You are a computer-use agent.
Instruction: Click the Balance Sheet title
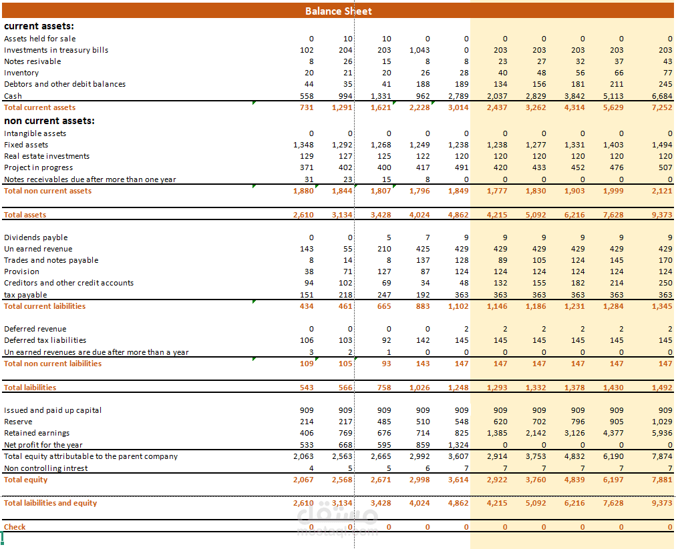339,11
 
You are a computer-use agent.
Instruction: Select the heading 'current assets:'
39,26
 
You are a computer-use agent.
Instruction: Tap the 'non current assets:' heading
49,121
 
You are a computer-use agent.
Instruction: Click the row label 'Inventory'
21,73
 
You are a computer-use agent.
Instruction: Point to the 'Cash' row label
13,96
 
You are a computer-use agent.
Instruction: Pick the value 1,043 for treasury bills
419,50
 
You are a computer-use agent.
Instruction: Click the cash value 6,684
662,96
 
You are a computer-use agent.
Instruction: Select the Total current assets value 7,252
662,107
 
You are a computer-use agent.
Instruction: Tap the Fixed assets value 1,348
303,145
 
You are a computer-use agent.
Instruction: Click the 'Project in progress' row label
38,167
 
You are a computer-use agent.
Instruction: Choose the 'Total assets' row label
25,215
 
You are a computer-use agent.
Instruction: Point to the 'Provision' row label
21,271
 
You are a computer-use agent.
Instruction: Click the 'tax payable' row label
25,295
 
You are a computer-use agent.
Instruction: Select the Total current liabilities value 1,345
662,306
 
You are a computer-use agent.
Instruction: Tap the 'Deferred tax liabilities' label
45,340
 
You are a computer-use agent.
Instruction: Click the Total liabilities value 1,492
662,388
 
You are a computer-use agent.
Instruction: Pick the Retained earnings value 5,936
662,433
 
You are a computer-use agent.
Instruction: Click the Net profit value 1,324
458,445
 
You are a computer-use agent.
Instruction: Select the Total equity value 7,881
662,480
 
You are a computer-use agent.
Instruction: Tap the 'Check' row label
15,527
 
